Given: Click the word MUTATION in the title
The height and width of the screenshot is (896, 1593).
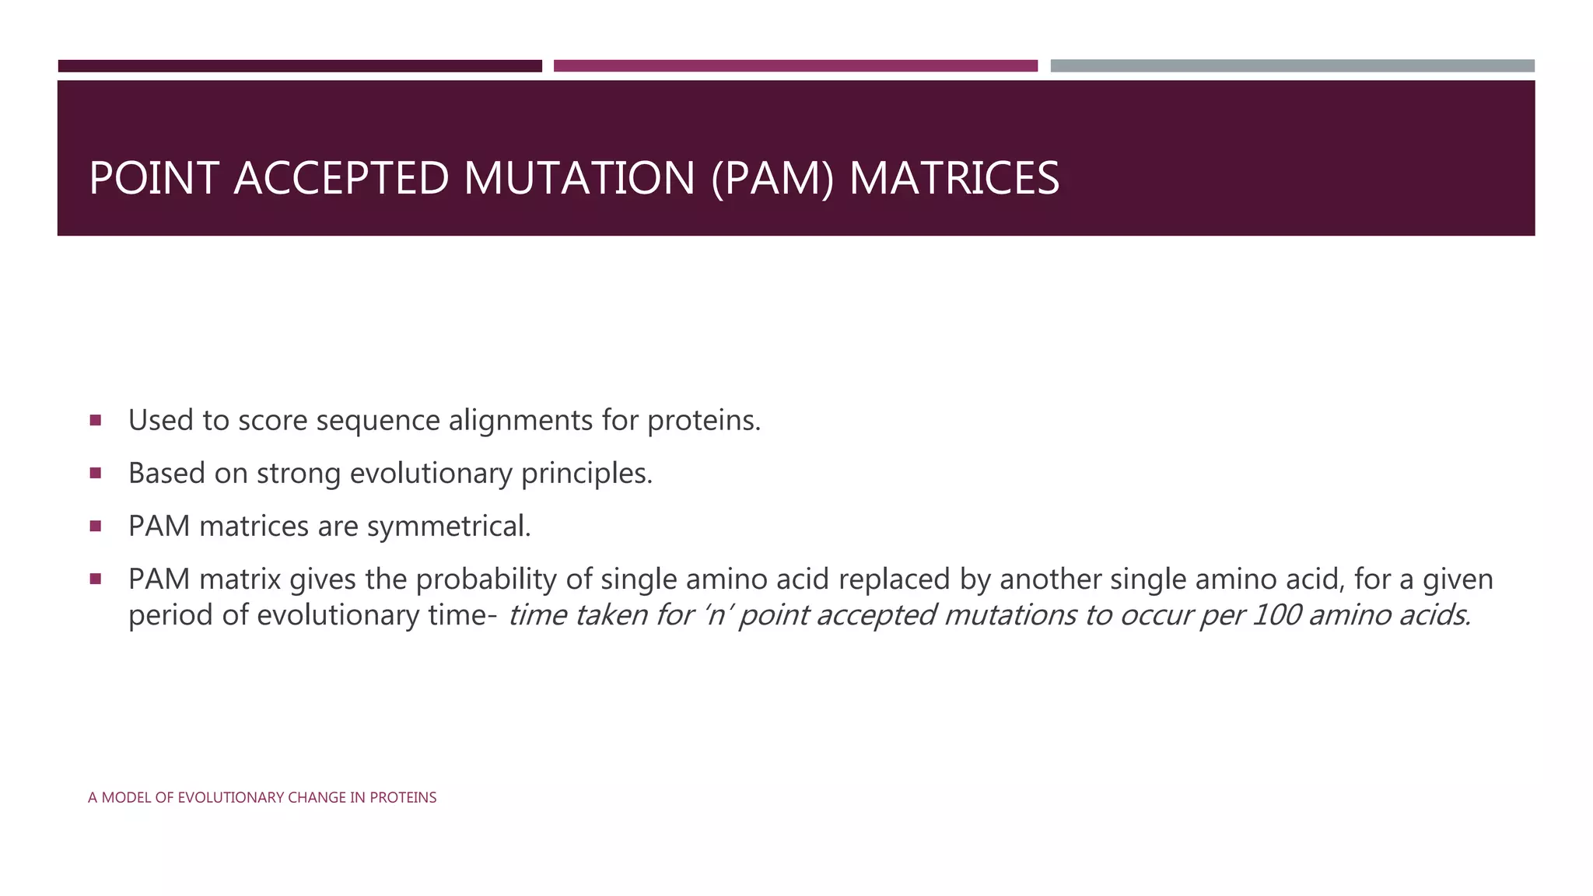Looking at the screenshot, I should click(x=579, y=178).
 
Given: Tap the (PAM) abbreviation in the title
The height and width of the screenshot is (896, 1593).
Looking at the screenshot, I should click(x=772, y=178).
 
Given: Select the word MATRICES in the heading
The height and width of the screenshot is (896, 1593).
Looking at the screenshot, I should click(x=954, y=178).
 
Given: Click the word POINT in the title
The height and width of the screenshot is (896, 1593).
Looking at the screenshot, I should click(x=153, y=178).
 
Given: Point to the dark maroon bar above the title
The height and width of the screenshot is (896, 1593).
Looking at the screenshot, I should click(x=299, y=66).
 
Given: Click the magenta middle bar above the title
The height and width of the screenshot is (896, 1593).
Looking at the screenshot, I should click(x=795, y=66).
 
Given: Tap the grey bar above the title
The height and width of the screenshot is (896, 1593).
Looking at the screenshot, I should click(x=1292, y=66).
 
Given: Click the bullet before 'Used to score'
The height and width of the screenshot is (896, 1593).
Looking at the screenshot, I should click(x=96, y=421).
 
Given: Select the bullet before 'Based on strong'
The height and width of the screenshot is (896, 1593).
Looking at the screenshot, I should click(x=96, y=473).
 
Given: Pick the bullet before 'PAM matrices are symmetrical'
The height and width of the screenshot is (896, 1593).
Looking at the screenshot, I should click(x=96, y=527).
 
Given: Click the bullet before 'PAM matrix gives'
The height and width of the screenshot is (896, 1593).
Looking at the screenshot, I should click(x=96, y=579).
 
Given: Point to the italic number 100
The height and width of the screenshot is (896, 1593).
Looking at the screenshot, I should click(x=1276, y=615).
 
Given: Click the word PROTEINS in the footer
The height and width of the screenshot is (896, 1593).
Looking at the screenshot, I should click(x=402, y=797).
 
